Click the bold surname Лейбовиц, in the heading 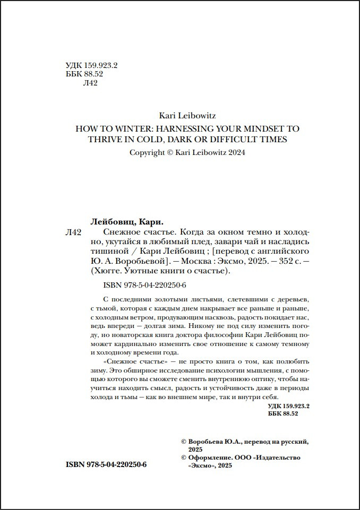coord(113,222)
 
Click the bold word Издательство coord(280,457)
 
